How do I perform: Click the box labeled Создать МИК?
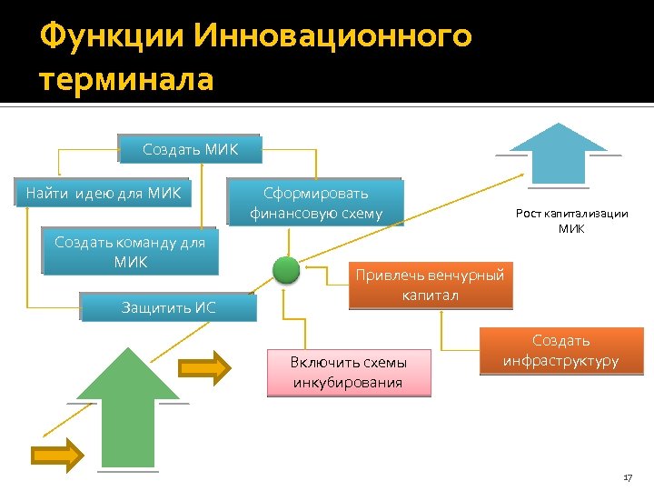(189, 149)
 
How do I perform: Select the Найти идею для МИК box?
(104, 193)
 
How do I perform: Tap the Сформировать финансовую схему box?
(315, 203)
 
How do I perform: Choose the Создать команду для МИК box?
(130, 252)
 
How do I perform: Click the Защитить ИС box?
(168, 306)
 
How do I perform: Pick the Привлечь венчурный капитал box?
(430, 285)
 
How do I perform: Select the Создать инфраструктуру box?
(560, 350)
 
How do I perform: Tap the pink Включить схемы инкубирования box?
(348, 372)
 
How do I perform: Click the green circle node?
(286, 270)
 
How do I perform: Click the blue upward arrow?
(557, 154)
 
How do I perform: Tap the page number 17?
(627, 477)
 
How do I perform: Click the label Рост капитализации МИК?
(571, 221)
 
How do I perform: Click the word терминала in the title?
(127, 80)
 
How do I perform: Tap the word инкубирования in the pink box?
(348, 382)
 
